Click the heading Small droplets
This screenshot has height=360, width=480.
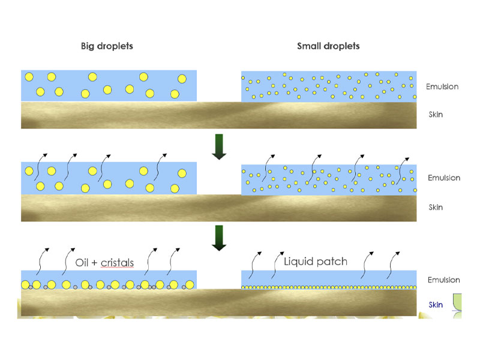(329, 46)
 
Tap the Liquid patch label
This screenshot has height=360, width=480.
(315, 262)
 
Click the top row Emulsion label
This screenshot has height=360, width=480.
(442, 86)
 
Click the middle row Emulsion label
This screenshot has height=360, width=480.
(443, 178)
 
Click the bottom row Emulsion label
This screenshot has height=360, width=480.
(443, 280)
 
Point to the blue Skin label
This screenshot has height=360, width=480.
(436, 305)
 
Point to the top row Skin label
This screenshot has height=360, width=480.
(436, 114)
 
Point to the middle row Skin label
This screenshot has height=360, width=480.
(436, 207)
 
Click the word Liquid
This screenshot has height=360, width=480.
(298, 262)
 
